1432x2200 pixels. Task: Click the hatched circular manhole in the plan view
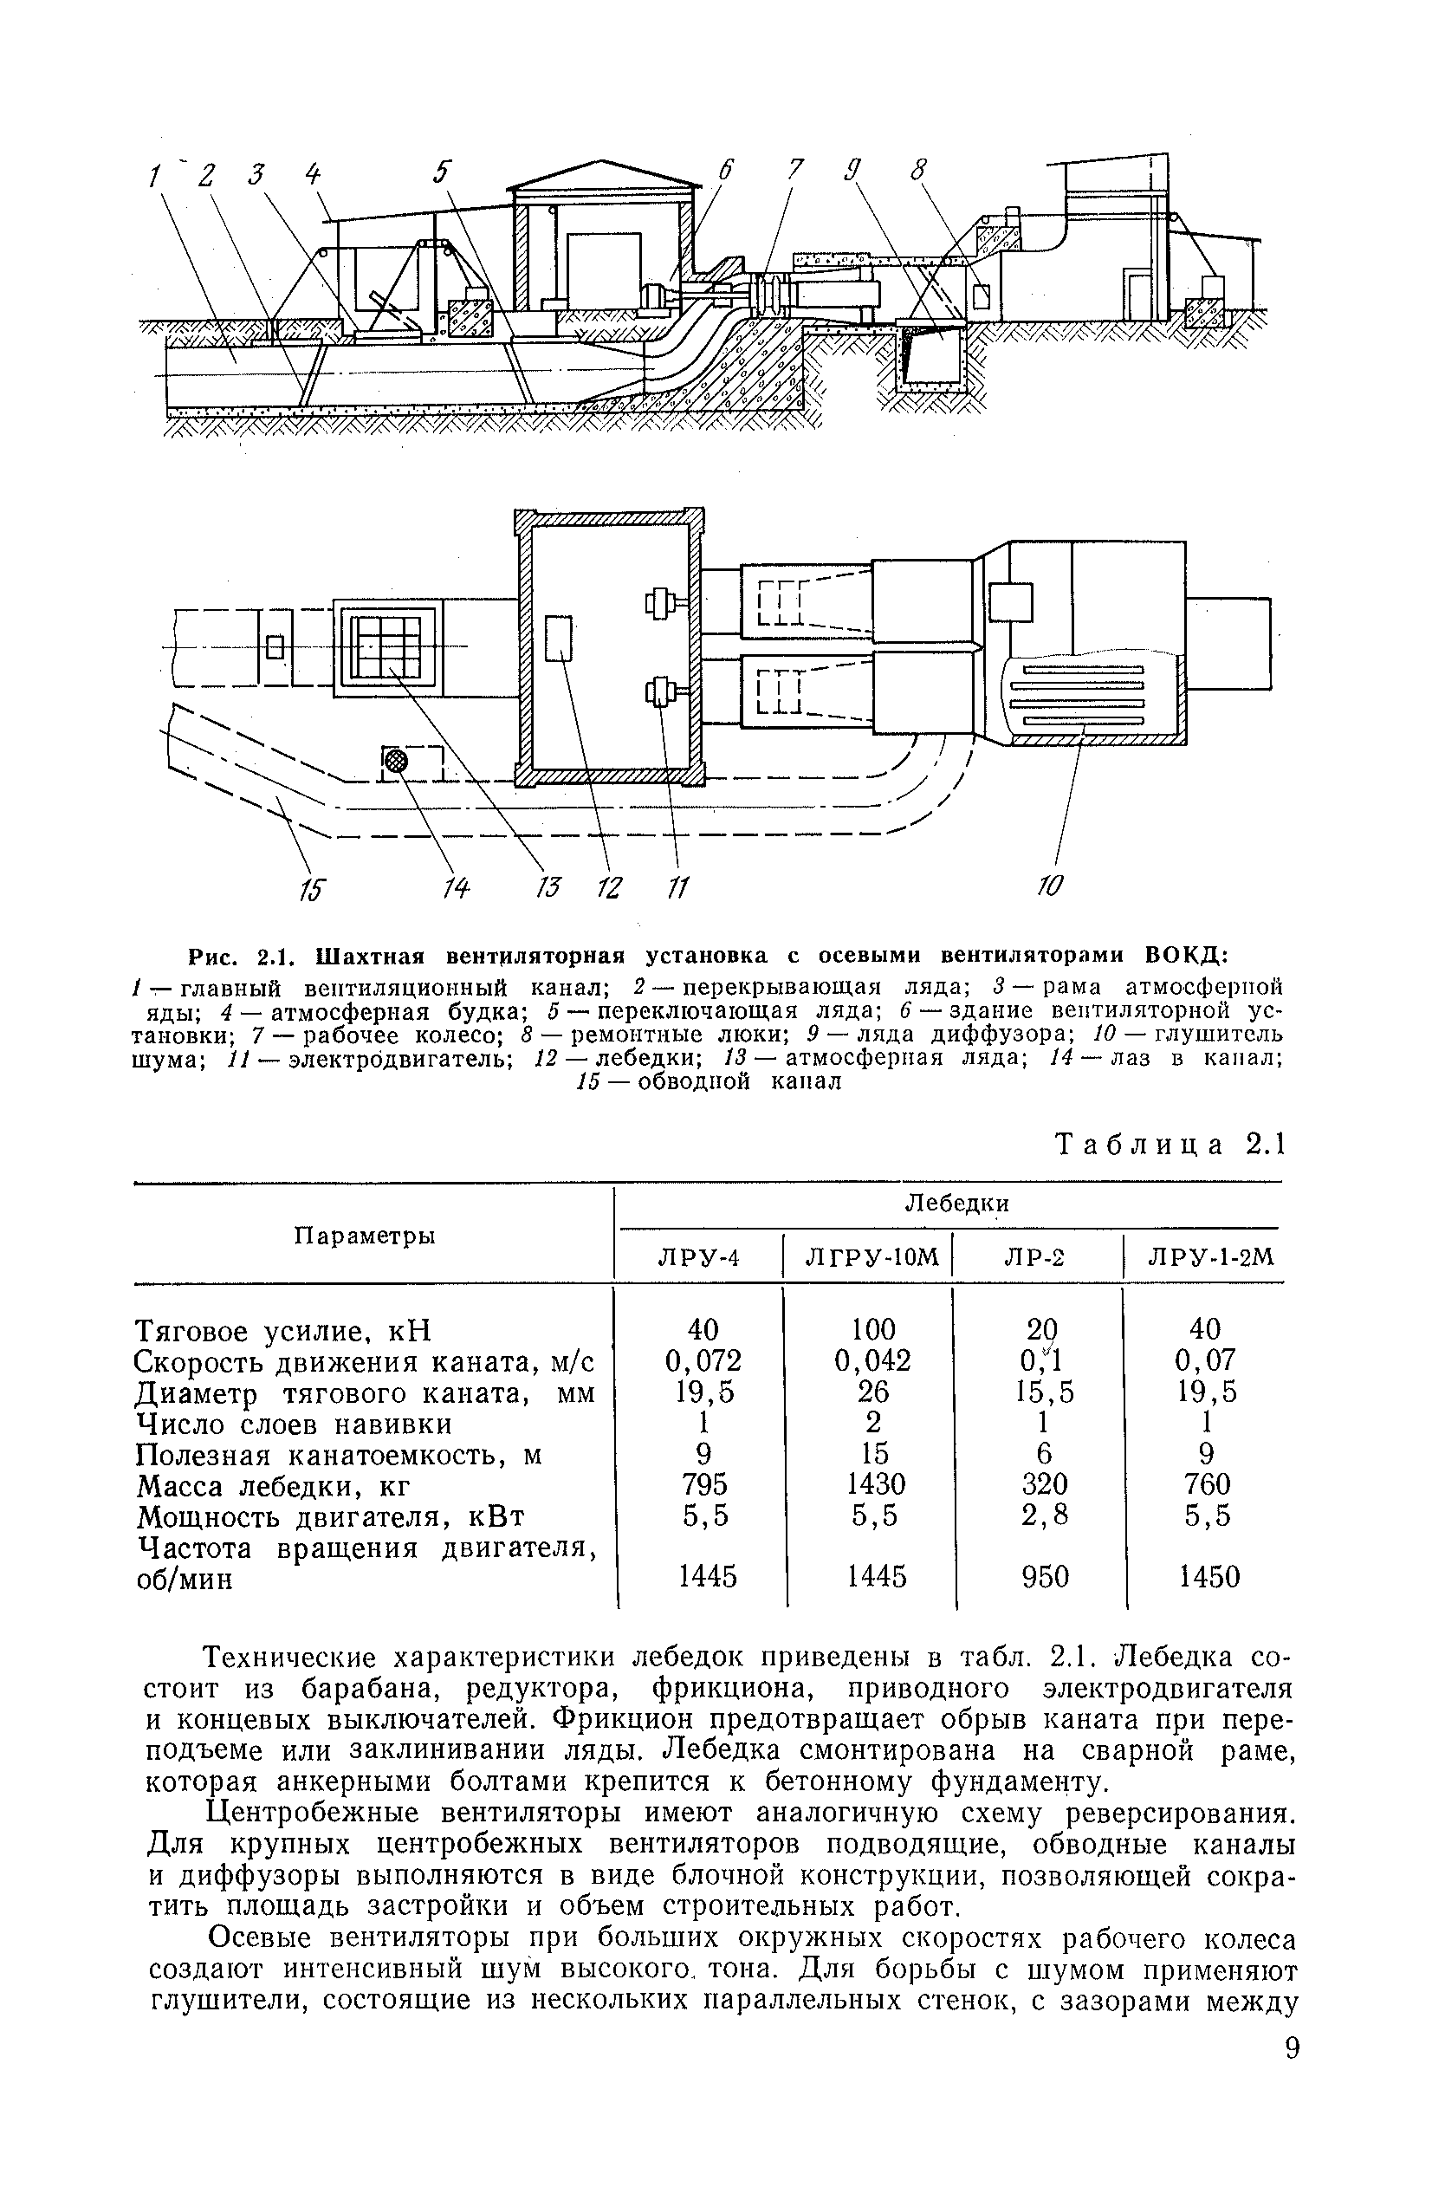[x=396, y=761]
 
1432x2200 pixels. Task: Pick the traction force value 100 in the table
[x=873, y=1329]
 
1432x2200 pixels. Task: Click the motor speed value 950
[x=1045, y=1577]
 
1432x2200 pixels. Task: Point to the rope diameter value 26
[x=873, y=1392]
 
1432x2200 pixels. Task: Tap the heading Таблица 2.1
[x=1170, y=1145]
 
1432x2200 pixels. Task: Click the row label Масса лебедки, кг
[x=273, y=1485]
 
